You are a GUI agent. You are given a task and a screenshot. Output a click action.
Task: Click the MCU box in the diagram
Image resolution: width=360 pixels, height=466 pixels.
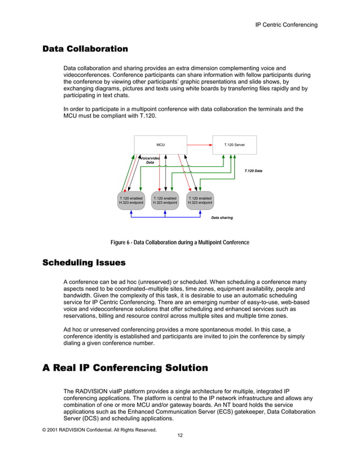click(160, 145)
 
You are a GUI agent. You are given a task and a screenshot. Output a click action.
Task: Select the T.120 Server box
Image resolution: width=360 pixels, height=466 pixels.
click(234, 145)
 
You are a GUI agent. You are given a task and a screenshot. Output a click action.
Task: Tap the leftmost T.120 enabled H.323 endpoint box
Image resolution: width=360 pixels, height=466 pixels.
click(131, 201)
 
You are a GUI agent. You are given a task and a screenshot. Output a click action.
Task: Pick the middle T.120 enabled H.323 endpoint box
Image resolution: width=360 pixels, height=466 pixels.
click(165, 201)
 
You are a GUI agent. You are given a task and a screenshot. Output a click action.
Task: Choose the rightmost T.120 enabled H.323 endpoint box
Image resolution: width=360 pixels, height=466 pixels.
click(200, 201)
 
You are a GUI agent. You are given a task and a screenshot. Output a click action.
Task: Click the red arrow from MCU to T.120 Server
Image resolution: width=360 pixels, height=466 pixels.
click(199, 145)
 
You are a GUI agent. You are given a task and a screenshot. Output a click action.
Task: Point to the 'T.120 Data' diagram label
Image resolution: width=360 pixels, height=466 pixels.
click(253, 170)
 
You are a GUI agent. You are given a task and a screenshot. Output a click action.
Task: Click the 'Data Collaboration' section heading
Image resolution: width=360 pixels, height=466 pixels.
click(85, 49)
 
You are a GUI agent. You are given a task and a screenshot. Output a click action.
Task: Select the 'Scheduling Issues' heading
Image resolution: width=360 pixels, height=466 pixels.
click(84, 263)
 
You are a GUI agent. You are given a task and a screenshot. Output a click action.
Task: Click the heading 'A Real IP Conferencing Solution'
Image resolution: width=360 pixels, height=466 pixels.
click(125, 368)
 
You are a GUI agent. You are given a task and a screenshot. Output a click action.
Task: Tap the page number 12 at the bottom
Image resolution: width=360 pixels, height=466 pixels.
click(179, 436)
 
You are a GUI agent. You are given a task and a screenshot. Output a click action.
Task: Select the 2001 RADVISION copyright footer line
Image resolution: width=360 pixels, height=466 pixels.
click(99, 429)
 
